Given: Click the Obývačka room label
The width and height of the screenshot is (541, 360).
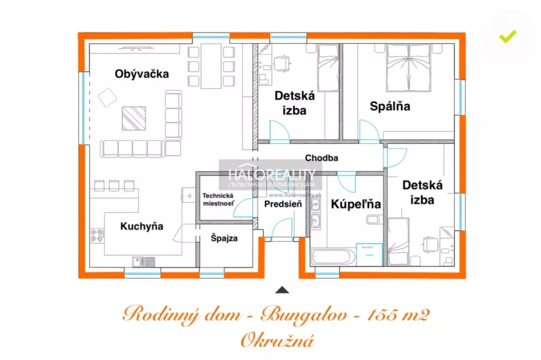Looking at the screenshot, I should coord(142,74).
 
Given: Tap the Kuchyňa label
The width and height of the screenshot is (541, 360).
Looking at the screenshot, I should coord(142,226).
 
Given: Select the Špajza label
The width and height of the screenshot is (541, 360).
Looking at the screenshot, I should coord(225,237).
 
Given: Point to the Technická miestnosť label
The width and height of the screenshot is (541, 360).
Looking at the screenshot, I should coord(219,199).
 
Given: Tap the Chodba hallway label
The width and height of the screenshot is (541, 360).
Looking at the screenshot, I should coord(321,158).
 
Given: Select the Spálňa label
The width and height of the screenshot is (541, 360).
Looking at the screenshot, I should coord(390,106).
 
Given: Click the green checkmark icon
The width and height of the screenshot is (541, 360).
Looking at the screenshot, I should coord(507,37).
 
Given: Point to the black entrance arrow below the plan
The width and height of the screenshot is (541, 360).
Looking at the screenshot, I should coord(282,290).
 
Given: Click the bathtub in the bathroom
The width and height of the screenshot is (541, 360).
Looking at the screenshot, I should coord(333,256).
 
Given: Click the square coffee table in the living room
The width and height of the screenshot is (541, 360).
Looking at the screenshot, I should coord(133,118).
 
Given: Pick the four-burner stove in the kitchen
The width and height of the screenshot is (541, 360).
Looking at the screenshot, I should coord(97,235).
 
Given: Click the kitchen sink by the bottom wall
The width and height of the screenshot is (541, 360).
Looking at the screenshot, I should coord(143,262).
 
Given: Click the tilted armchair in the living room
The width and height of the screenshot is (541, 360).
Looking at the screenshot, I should coord(107,98).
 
